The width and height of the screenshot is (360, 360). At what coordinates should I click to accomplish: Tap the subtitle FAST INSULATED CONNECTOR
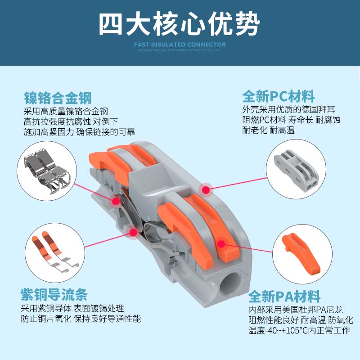(180, 45)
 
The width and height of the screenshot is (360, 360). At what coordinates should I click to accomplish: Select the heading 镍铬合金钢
(58, 97)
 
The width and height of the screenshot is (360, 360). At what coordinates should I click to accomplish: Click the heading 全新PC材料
(279, 96)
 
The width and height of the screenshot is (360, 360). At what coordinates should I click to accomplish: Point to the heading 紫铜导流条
(54, 295)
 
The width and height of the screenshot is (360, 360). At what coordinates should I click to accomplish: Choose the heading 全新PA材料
(284, 297)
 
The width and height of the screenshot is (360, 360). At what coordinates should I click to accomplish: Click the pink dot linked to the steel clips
(116, 202)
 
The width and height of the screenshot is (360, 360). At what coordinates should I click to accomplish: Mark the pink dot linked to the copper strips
(133, 232)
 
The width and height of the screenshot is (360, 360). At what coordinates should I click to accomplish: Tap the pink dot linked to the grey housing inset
(206, 190)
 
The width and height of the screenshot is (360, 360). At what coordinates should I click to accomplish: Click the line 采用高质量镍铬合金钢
(66, 111)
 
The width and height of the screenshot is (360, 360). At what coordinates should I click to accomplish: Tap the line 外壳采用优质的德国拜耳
(288, 109)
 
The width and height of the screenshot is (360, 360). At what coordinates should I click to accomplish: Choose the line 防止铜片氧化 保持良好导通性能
(81, 319)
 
